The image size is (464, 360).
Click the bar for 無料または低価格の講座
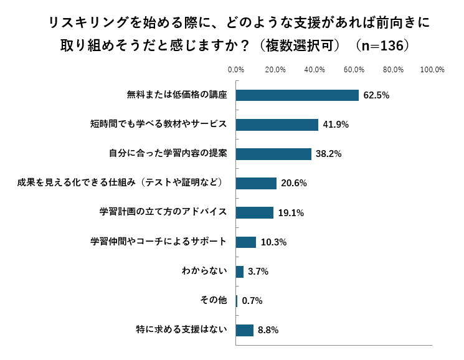[x=297, y=95]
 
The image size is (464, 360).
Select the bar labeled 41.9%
[x=277, y=125]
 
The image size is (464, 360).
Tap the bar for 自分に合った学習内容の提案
[x=273, y=154]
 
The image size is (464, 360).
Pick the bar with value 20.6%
[x=256, y=183]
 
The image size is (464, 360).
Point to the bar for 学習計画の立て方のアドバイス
[x=255, y=212]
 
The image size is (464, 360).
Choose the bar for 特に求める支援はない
[x=245, y=330]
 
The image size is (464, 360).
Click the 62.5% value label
[x=376, y=95]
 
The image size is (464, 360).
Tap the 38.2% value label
[x=329, y=154]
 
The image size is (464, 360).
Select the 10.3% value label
[x=273, y=242]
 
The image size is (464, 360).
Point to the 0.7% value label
[x=252, y=301]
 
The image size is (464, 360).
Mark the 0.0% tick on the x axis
[x=236, y=69]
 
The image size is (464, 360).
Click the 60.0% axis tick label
[x=354, y=69]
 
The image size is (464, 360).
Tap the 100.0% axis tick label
[x=432, y=69]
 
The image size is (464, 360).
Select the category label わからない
[x=204, y=271]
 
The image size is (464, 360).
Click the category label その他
[x=213, y=300]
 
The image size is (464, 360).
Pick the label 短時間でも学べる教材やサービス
[x=158, y=124]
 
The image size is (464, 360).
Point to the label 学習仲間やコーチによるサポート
[x=158, y=242]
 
